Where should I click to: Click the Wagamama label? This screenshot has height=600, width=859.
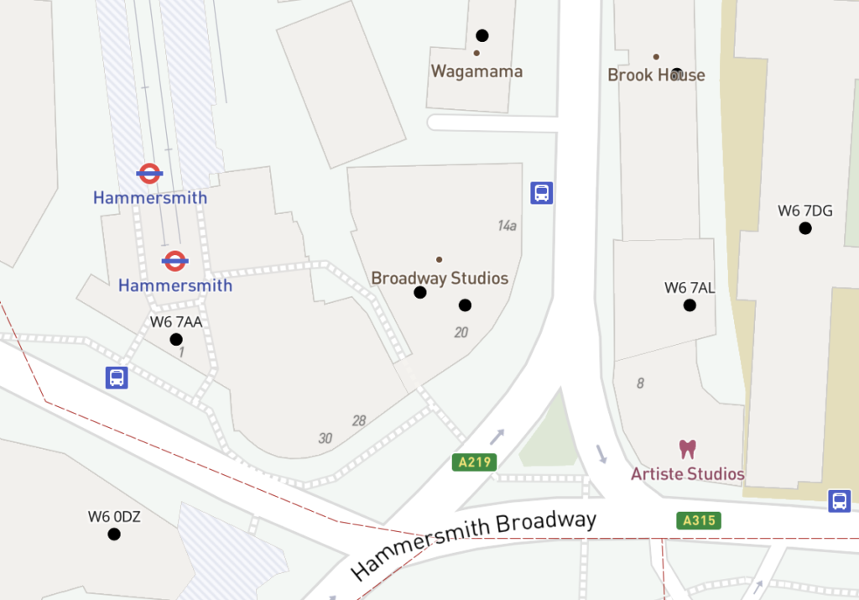click(x=476, y=71)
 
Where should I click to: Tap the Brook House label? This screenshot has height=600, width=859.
click(x=656, y=75)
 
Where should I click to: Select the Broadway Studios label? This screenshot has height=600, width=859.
click(x=440, y=278)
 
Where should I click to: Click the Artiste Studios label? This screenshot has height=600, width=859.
click(x=688, y=474)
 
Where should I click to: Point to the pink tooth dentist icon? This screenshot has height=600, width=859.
click(x=688, y=449)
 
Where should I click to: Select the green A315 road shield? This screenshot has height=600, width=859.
click(x=699, y=520)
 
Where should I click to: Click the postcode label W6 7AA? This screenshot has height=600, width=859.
click(x=176, y=321)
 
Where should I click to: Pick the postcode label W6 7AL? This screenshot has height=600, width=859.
click(x=690, y=288)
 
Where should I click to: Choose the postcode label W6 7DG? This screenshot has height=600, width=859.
click(x=805, y=211)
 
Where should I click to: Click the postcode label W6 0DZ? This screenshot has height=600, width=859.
click(x=114, y=516)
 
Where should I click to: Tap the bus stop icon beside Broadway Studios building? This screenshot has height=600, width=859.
click(x=542, y=193)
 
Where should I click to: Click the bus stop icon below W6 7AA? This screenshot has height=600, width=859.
click(x=117, y=378)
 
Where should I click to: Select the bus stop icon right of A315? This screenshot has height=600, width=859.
click(x=839, y=501)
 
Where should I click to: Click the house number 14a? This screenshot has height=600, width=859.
click(x=507, y=225)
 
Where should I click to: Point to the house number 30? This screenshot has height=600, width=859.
click(x=325, y=438)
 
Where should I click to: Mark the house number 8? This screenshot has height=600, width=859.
click(x=641, y=383)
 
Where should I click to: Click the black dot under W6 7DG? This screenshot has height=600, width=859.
click(x=805, y=228)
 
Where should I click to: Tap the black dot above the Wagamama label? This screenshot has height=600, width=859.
click(x=482, y=35)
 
